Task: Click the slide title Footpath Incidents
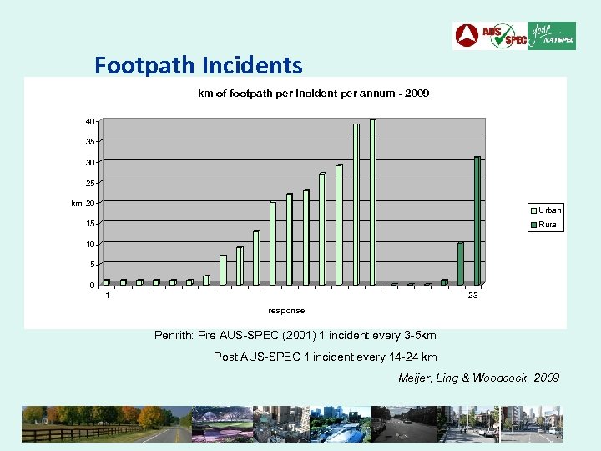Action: click(198, 64)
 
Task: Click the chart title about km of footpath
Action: click(313, 94)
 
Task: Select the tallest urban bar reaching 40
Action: click(373, 201)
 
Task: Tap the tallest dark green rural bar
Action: click(477, 220)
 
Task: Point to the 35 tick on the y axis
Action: click(89, 142)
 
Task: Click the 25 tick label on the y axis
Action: click(89, 183)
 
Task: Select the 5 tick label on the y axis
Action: click(92, 265)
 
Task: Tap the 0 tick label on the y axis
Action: click(92, 286)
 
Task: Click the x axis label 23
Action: click(473, 296)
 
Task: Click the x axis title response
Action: click(286, 311)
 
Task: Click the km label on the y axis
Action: click(76, 203)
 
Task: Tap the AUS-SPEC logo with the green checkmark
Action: click(505, 36)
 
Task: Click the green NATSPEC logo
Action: click(552, 36)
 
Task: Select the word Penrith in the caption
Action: click(174, 336)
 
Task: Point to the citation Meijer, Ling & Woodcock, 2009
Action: click(479, 378)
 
